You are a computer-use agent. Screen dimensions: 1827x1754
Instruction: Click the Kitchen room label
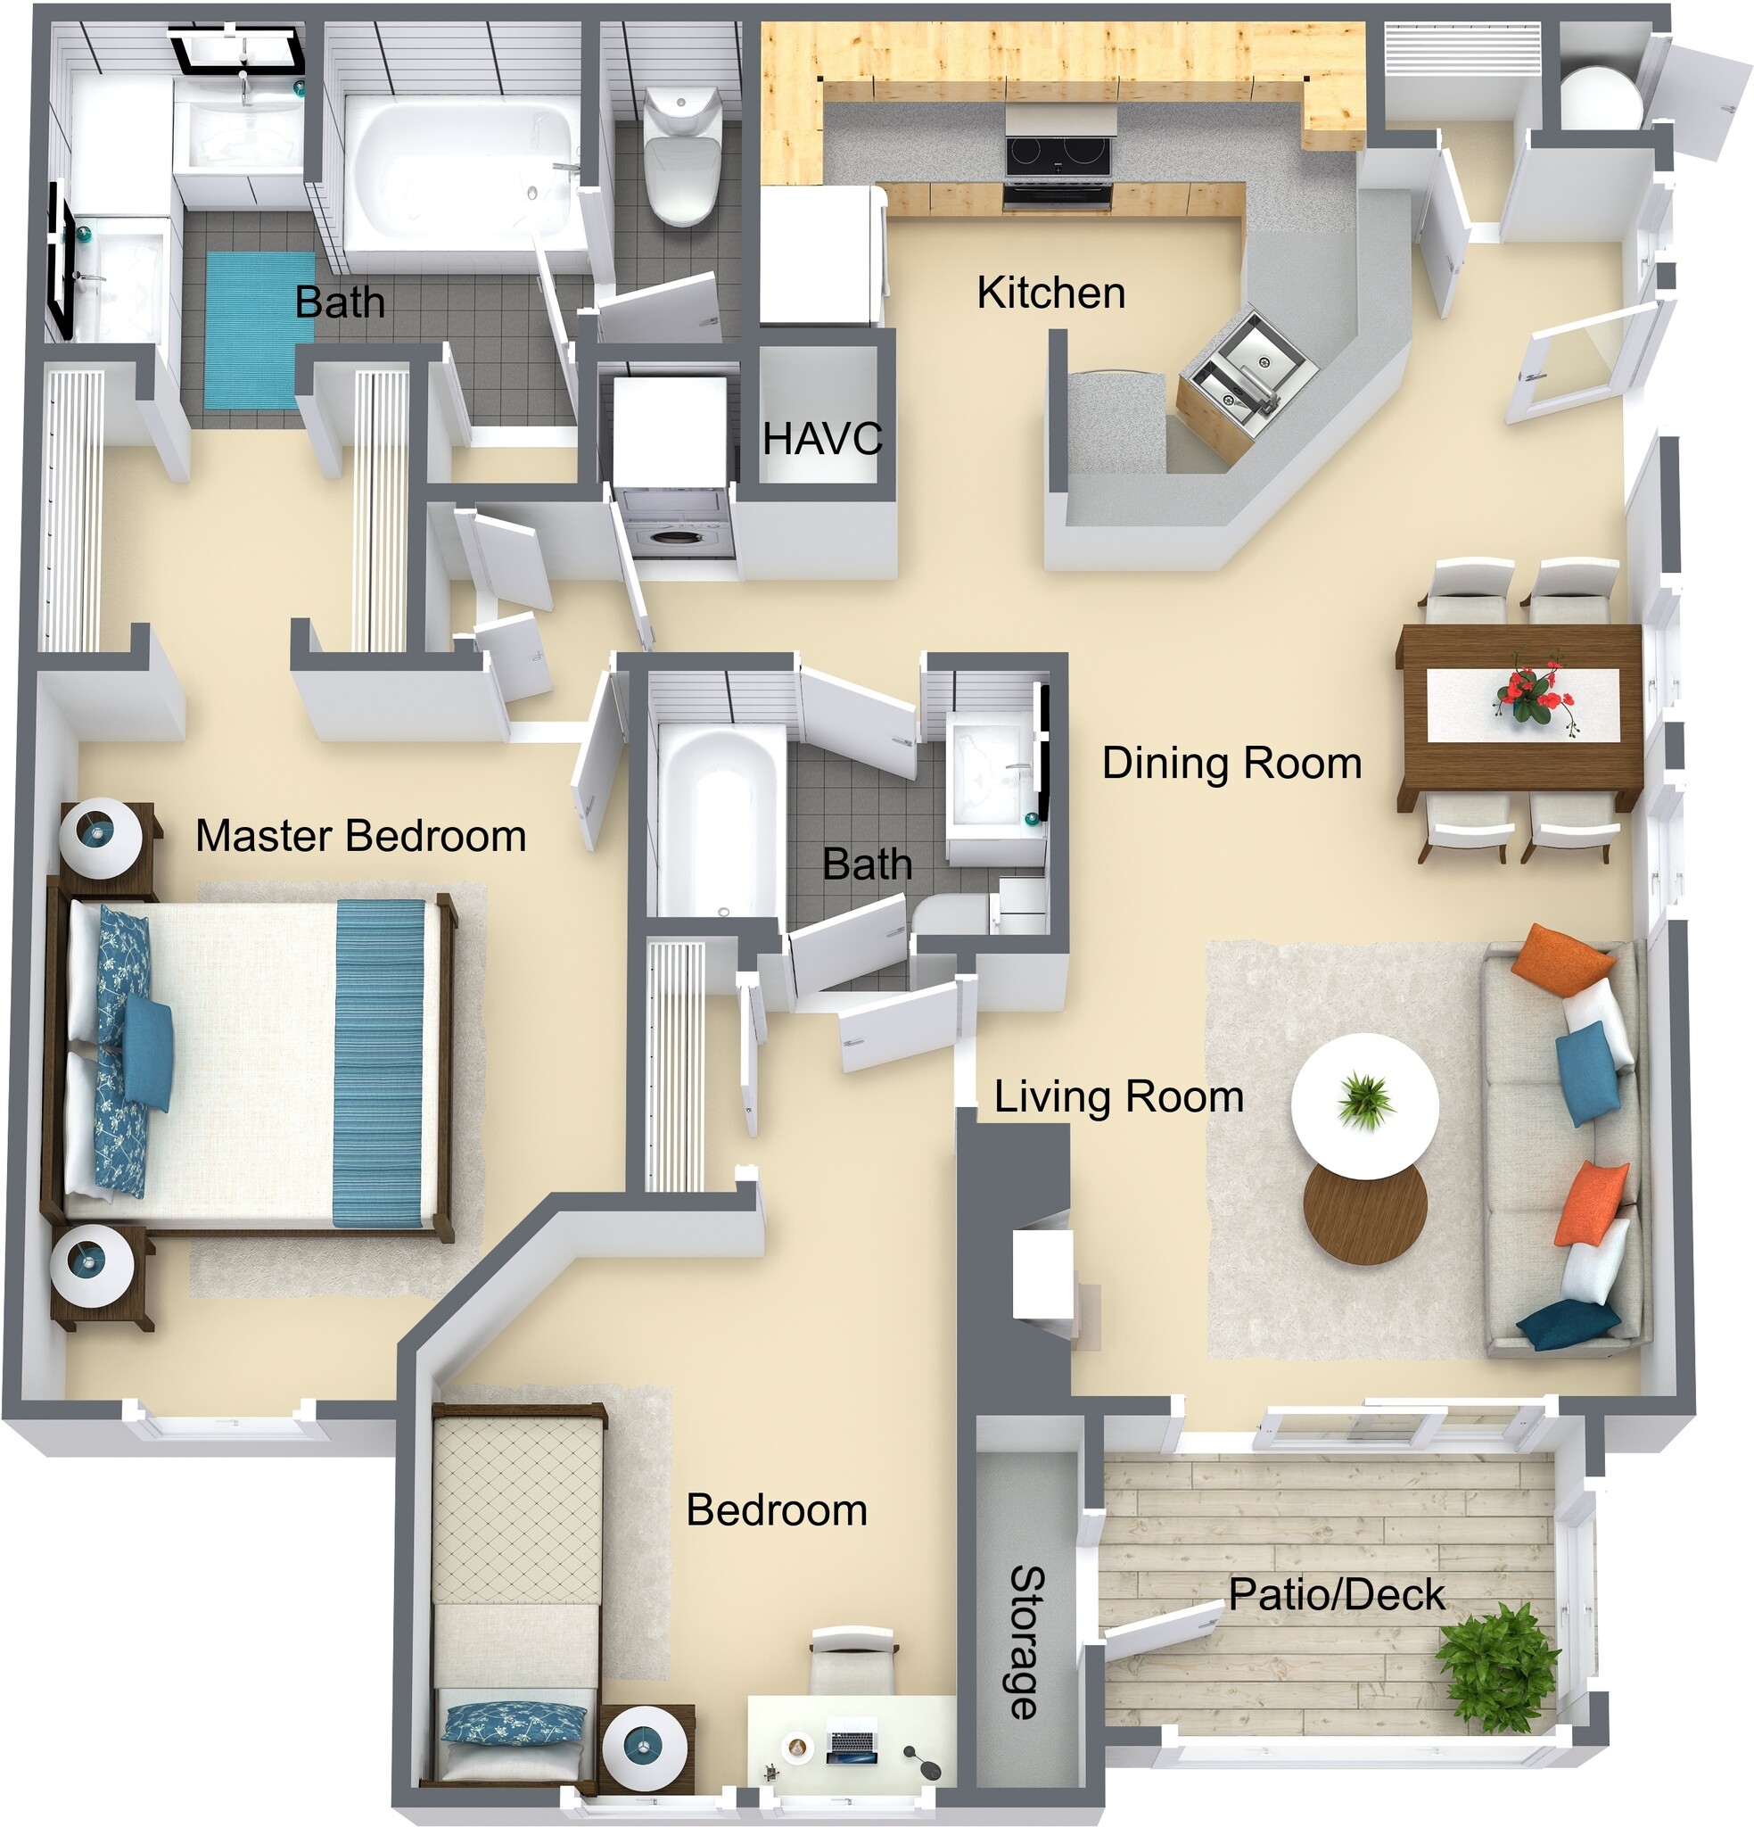[1050, 293]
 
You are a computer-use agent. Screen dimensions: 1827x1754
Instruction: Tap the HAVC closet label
[821, 439]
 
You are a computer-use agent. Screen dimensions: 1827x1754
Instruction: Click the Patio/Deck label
[1336, 1594]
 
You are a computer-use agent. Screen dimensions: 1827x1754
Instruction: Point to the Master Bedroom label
[360, 835]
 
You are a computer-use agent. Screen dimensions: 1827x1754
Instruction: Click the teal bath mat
[259, 329]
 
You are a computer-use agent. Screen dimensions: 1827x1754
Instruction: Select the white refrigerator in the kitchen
[819, 253]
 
